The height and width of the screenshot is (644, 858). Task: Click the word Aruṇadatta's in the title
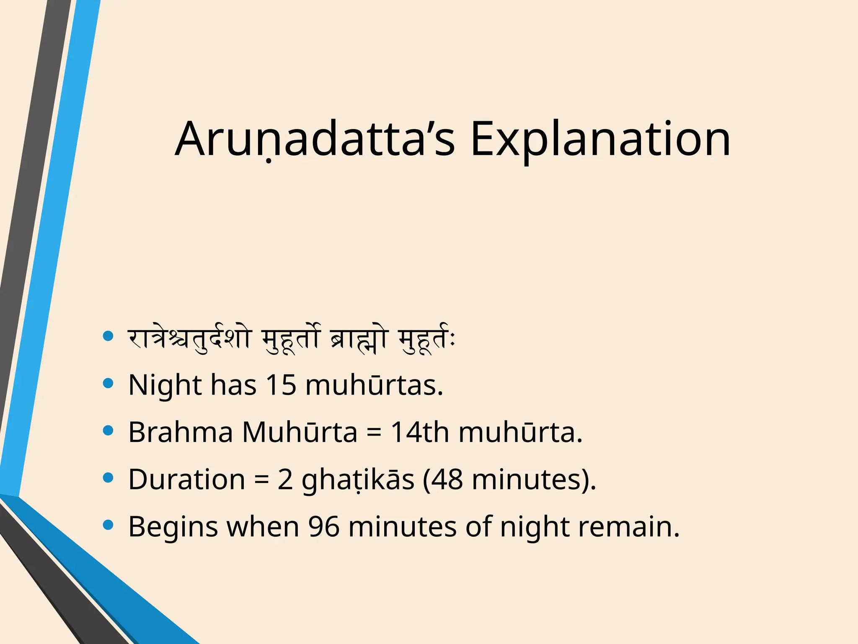coord(314,139)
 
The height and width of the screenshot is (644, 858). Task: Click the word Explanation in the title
coord(600,139)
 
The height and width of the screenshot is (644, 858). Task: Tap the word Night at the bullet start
coord(165,385)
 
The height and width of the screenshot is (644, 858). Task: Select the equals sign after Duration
coord(261,480)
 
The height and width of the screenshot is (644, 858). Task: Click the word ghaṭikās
coord(358,480)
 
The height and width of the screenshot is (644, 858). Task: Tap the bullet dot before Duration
coord(108,478)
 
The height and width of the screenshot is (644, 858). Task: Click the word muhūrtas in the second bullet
coord(374,385)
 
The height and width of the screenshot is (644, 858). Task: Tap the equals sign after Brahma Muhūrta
coord(374,433)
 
